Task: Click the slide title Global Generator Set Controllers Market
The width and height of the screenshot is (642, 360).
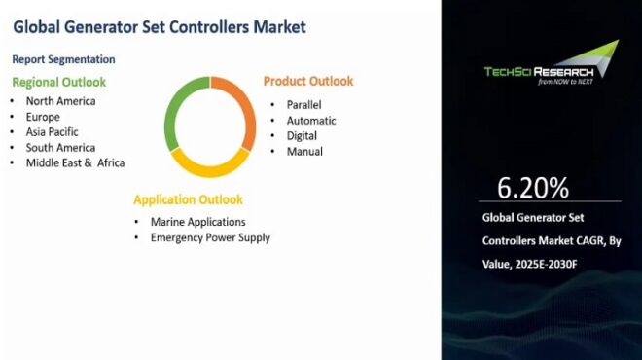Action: pos(160,26)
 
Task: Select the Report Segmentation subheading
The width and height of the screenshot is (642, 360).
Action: pos(64,59)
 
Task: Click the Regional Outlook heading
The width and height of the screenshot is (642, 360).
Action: pos(59,82)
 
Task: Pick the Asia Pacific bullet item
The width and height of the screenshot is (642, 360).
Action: pos(53,131)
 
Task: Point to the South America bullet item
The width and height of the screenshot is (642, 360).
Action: pos(61,147)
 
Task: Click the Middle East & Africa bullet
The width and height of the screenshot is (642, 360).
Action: pos(76,162)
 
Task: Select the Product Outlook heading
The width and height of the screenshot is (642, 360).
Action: pos(308,81)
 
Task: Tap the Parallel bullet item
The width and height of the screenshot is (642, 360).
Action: pos(303,104)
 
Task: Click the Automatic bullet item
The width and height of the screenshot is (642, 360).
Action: pos(310,120)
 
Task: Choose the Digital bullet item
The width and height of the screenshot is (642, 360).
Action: pos(302,135)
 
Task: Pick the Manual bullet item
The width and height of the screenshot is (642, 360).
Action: pos(304,151)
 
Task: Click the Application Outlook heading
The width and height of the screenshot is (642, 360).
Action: pos(188,199)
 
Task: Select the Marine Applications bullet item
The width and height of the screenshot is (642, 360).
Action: pos(197,222)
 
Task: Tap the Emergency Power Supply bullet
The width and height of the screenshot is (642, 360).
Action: pos(210,237)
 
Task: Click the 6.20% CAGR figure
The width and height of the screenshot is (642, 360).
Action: pos(533,187)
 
